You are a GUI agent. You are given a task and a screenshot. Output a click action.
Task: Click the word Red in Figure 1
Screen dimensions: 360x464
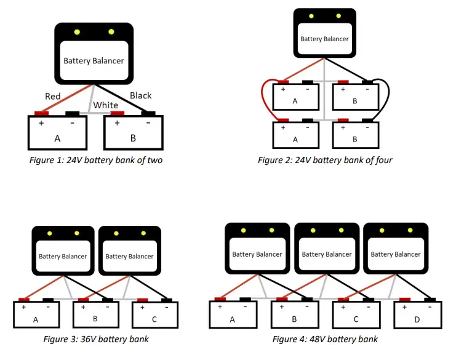pos(53,96)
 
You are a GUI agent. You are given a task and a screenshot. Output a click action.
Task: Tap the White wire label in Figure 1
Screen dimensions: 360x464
pos(106,105)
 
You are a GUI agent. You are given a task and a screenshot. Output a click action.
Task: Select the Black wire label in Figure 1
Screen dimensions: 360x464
pos(140,95)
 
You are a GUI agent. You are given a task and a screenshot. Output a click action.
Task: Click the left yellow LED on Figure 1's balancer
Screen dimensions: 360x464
pos(77,32)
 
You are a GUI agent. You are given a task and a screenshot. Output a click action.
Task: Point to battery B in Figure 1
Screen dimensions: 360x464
pos(133,134)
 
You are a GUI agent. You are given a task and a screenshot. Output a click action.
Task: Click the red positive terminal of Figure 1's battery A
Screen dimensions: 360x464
pos(41,113)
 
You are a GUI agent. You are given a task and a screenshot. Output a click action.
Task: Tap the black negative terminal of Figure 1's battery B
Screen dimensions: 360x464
pos(148,113)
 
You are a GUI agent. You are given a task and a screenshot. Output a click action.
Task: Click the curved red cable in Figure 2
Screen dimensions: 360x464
pos(264,102)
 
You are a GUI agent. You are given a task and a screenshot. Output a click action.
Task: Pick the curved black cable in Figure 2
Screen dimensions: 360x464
pos(387,102)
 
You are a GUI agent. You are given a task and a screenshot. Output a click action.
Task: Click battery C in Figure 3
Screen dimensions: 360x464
pos(154,316)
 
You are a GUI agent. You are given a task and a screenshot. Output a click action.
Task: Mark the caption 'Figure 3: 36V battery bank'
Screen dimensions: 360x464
pos(95,339)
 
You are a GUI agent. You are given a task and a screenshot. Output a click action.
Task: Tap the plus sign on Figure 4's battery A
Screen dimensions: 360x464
pos(220,306)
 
